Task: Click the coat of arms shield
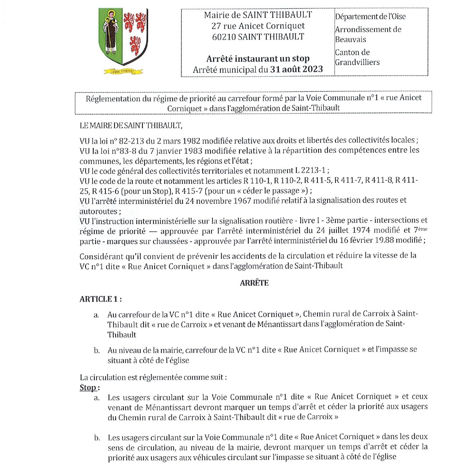point(123,36)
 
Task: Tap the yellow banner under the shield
point(123,71)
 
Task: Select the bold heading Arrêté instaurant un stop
point(258,59)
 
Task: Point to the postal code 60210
point(224,37)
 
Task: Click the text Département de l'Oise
point(370,17)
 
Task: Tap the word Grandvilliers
point(357,62)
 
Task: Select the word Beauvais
point(350,39)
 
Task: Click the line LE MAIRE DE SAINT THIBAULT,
point(131,125)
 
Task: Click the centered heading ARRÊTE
point(254,283)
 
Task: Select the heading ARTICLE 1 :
point(100,299)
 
